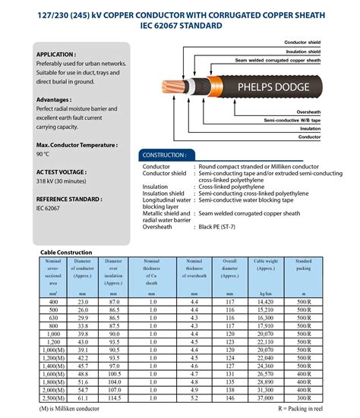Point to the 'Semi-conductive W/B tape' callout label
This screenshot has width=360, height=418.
point(292,120)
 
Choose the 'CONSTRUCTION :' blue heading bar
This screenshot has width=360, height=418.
point(164,155)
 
